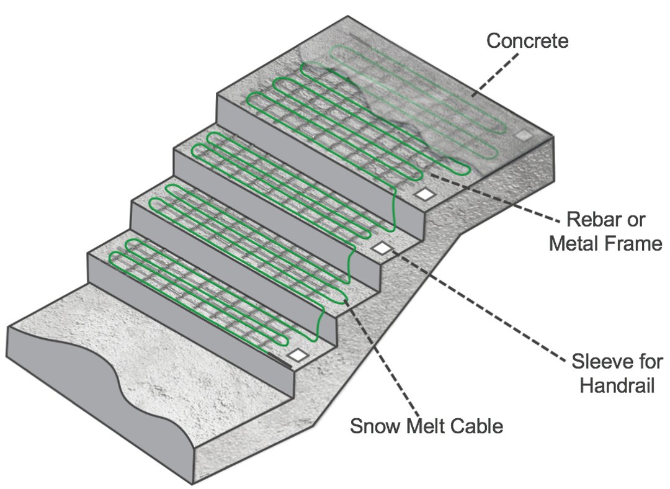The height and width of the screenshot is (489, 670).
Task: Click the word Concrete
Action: pyautogui.click(x=527, y=42)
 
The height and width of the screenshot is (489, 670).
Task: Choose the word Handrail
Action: pyautogui.click(x=617, y=385)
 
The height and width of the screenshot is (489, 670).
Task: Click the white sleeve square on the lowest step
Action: pyautogui.click(x=298, y=354)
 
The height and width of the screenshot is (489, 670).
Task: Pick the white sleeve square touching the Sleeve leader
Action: pyautogui.click(x=382, y=248)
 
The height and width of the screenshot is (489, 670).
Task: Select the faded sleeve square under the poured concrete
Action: pyautogui.click(x=524, y=135)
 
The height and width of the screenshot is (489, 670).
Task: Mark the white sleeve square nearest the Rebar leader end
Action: pyautogui.click(x=425, y=194)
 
